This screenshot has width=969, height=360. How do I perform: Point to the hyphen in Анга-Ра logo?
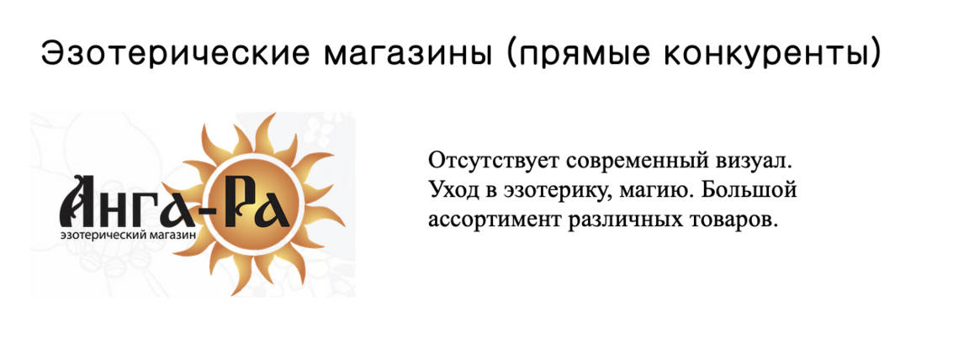pyautogui.click(x=214, y=204)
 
